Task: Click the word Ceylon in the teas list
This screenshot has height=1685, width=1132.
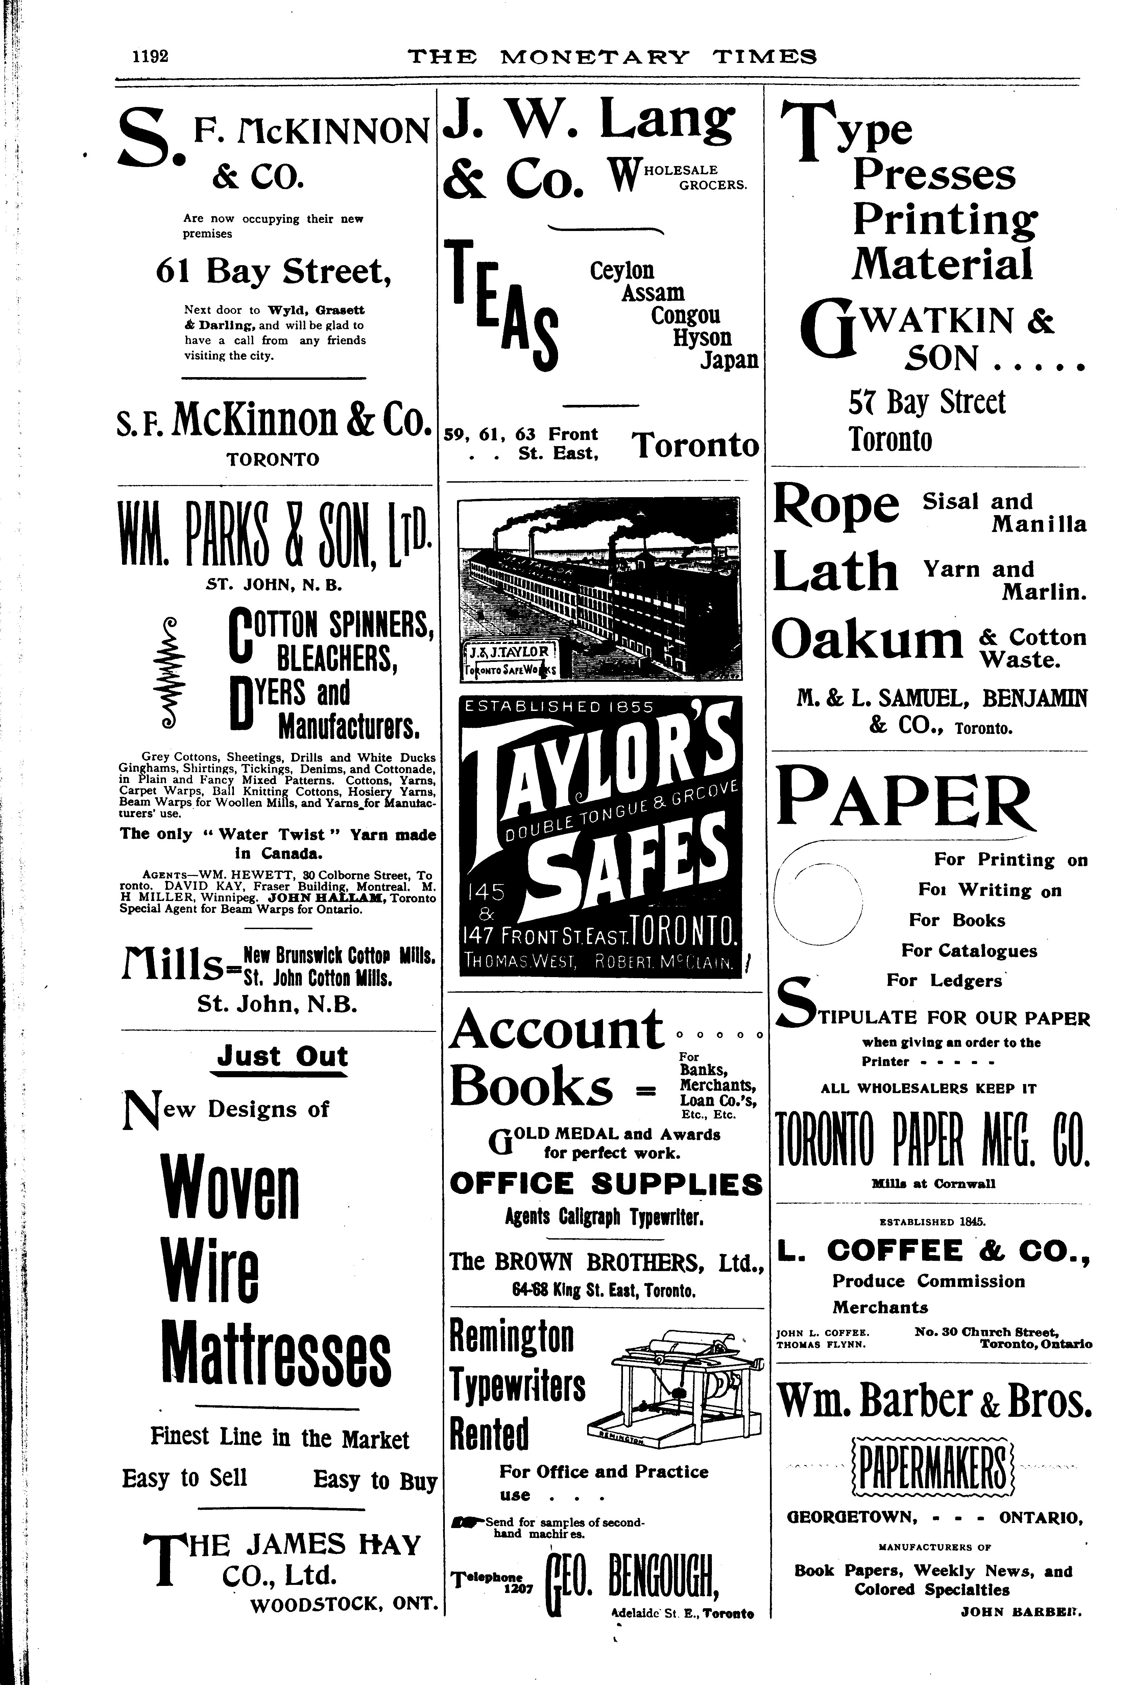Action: point(622,271)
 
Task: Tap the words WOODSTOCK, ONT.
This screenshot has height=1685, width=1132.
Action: point(344,1605)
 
